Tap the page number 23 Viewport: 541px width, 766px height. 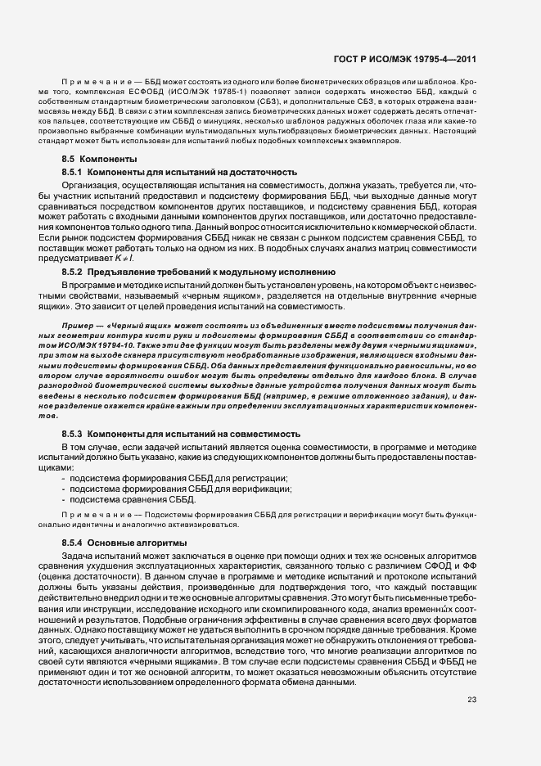(471, 699)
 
